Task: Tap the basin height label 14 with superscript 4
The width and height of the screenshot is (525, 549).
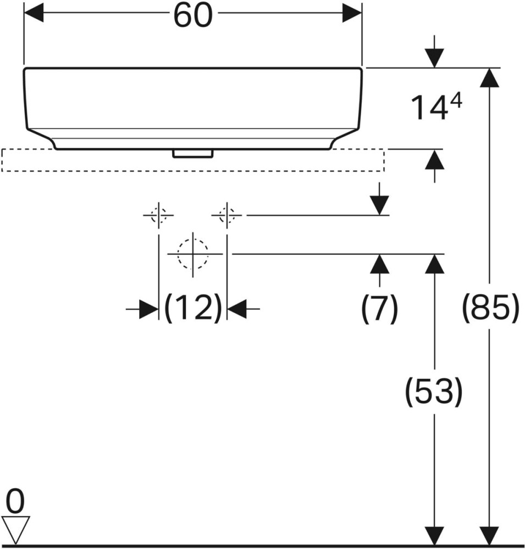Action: coord(436,107)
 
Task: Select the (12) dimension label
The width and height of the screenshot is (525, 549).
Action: coord(194,309)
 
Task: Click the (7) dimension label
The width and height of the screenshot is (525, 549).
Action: coord(379,309)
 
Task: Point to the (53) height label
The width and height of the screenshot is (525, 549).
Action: coord(434,391)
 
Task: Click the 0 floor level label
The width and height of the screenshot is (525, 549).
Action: coord(15,502)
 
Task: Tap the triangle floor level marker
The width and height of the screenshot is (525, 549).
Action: coord(15,529)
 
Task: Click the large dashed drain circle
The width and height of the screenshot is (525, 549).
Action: coord(192,254)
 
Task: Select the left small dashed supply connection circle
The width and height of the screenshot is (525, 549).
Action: coord(158,215)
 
